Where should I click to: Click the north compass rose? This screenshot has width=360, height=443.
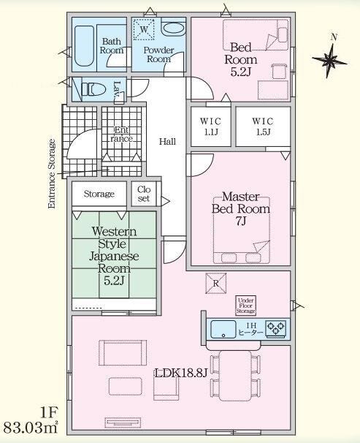(x=330, y=59)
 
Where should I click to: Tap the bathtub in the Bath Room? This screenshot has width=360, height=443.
(x=85, y=46)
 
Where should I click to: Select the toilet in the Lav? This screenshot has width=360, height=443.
(x=93, y=89)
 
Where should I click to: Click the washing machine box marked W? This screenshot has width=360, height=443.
(x=144, y=29)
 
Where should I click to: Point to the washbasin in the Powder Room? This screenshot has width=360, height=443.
(x=173, y=29)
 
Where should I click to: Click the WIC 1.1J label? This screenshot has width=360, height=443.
(x=210, y=126)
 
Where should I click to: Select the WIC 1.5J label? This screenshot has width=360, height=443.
(x=263, y=126)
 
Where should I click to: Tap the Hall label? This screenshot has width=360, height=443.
(x=168, y=142)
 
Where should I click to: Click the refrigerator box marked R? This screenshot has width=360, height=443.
(x=216, y=283)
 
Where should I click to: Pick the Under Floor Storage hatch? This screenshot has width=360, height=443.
(x=245, y=306)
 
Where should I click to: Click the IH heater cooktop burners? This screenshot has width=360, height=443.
(x=275, y=329)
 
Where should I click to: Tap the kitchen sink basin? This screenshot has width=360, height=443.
(x=223, y=329)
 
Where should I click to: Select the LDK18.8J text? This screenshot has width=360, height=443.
(x=181, y=374)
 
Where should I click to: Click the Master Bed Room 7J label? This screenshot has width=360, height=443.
(x=241, y=209)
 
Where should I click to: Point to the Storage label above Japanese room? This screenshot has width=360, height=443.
(x=99, y=194)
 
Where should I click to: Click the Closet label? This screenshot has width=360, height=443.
(x=144, y=194)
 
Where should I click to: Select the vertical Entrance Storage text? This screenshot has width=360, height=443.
(x=52, y=174)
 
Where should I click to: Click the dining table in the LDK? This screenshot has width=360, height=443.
(x=235, y=376)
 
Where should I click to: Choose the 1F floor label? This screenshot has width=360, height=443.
(x=49, y=413)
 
